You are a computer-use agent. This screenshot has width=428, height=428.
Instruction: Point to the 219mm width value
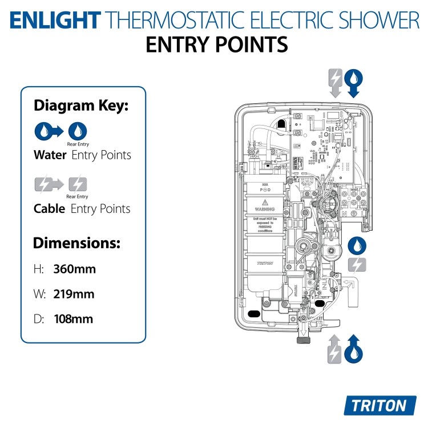point(74,294)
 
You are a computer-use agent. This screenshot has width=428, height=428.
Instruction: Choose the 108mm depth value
point(74,319)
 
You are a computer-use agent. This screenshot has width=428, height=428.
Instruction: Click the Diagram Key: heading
point(81,106)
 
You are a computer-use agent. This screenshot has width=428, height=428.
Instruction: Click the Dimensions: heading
point(76,243)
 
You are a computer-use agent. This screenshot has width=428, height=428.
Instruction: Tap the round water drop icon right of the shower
point(357,245)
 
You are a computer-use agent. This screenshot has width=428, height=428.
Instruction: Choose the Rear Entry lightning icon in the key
point(78,183)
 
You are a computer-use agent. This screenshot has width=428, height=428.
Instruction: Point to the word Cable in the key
point(50,209)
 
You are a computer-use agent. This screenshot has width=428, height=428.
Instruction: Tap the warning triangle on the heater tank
point(264,203)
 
